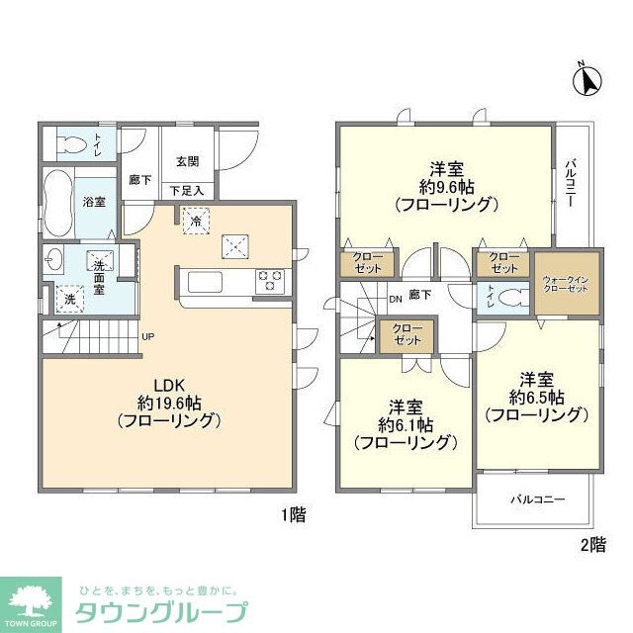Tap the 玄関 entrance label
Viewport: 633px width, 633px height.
pyautogui.click(x=188, y=161)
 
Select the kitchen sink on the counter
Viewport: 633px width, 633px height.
pyautogui.click(x=207, y=281)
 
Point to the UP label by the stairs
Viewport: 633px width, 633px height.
pyautogui.click(x=147, y=336)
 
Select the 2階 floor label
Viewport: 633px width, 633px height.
pyautogui.click(x=591, y=543)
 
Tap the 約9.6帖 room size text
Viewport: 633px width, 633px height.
pyautogui.click(x=444, y=187)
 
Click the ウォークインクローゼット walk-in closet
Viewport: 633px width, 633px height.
pyautogui.click(x=567, y=286)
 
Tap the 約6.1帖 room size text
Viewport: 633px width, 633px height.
pyautogui.click(x=406, y=424)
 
